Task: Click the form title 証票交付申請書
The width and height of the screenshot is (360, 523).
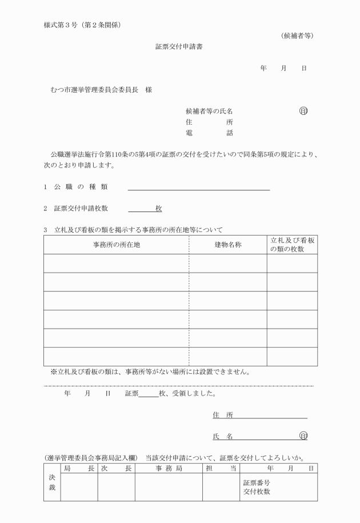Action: click(179, 47)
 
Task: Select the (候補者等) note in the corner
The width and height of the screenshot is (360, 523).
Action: click(297, 36)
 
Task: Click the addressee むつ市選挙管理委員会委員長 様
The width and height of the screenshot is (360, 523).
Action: click(101, 90)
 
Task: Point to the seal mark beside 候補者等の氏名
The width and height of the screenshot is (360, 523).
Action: click(303, 111)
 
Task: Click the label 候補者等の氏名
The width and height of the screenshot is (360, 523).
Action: click(209, 111)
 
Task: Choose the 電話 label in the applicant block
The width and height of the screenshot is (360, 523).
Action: click(209, 133)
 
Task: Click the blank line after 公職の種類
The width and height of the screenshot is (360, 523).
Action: click(198, 187)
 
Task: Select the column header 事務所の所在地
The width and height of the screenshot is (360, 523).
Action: click(116, 245)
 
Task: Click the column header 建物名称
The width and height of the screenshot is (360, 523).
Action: click(228, 245)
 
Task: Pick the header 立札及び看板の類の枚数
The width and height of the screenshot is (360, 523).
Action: click(292, 245)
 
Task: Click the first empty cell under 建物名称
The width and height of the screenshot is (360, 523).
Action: click(228, 264)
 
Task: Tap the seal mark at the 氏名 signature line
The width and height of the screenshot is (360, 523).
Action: click(303, 436)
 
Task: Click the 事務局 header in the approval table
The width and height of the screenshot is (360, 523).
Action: click(169, 469)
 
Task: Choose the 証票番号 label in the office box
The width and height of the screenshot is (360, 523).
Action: click(257, 482)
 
